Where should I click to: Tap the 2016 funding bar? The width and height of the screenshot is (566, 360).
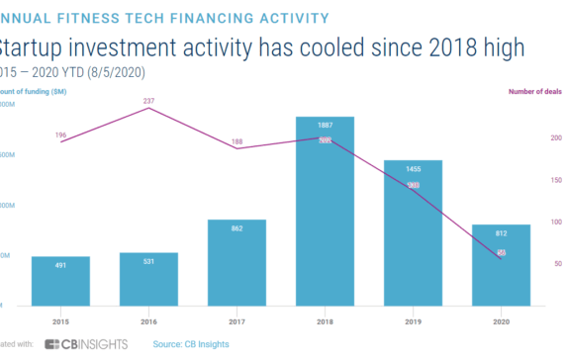coord(148,278)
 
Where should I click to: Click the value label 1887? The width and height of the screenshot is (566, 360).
coord(326,126)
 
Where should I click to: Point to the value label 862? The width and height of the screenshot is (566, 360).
coord(236,228)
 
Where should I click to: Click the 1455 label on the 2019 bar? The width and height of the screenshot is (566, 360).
coord(414,169)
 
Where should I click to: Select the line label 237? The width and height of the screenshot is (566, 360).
coord(149,99)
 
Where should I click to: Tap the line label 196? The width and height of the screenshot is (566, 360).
coord(60,134)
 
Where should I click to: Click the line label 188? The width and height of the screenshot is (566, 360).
coord(237,141)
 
